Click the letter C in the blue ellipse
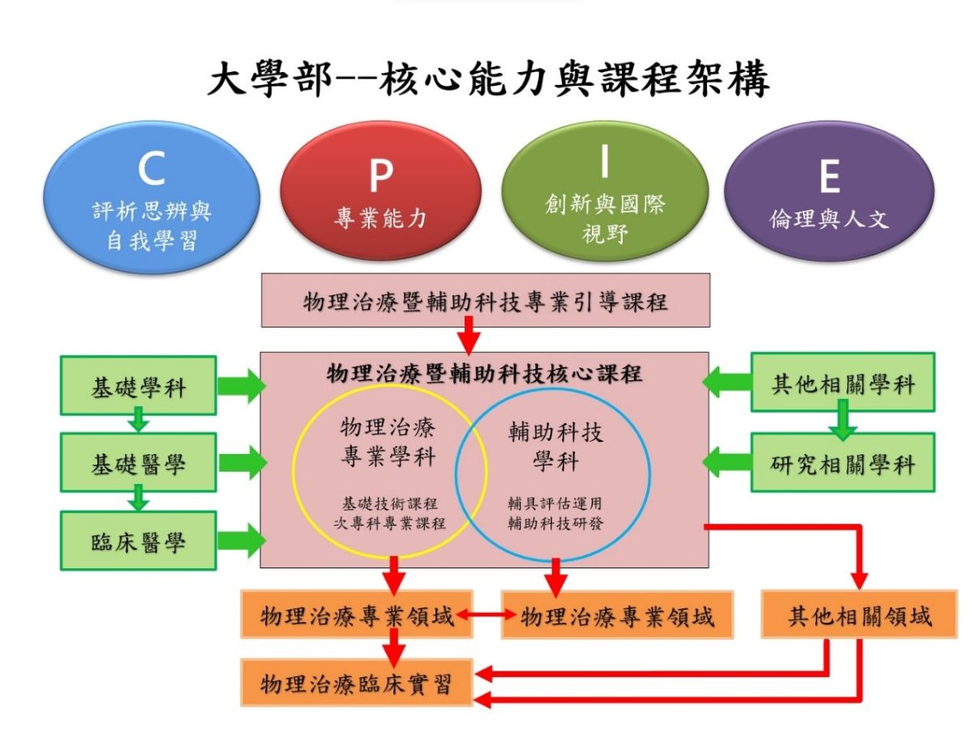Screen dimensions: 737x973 151,169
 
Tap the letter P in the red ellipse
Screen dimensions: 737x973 380,174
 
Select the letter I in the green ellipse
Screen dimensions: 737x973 603,163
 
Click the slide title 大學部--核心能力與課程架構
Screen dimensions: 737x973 487,81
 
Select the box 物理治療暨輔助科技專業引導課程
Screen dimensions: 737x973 485,302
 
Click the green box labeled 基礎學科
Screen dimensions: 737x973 138,387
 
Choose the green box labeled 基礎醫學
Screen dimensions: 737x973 138,463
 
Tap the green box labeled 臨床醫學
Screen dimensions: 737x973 138,541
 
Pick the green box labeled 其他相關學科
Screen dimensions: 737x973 842,383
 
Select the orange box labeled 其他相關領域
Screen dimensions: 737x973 859,616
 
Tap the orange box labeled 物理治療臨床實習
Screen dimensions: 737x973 356,683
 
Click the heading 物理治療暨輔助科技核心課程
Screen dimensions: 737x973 484,374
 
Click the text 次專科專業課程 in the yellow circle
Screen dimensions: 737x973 390,523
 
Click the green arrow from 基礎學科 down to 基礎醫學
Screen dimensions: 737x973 139,421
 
